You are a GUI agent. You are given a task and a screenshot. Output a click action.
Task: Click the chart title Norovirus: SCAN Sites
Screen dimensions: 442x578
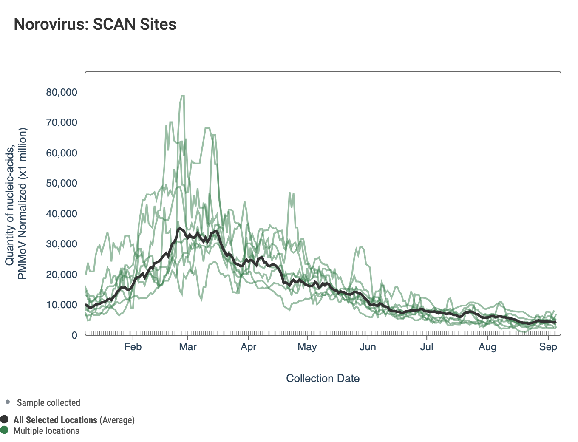95,24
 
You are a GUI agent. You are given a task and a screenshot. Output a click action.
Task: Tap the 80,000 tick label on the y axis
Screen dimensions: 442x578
62,92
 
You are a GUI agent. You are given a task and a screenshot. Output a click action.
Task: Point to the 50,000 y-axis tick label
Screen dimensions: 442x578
62,183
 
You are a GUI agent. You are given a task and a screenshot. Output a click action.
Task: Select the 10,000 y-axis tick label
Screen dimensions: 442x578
62,305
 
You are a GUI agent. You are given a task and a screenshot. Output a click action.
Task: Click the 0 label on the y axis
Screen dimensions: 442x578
74,335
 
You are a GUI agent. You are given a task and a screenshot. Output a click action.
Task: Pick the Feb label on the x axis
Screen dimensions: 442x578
133,347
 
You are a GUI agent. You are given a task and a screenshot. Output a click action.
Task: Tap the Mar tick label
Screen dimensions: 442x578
188,347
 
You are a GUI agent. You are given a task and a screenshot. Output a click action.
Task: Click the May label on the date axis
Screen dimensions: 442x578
307,347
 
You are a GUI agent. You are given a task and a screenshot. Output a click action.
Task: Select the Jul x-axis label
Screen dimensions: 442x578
426,347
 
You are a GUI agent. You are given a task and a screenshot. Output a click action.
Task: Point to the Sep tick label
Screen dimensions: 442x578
548,347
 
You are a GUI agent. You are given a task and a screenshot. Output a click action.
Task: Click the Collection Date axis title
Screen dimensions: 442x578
323,378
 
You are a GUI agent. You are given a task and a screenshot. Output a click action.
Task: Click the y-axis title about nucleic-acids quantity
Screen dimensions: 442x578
16,203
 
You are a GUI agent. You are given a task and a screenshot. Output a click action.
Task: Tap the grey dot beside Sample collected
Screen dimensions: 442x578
8,402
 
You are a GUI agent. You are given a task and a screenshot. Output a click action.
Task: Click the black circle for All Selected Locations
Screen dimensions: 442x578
5,419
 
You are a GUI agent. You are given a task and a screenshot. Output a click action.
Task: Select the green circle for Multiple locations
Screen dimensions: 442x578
5,430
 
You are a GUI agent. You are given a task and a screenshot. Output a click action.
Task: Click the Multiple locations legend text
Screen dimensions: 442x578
46,431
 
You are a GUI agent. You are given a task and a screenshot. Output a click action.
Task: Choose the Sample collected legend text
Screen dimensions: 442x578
48,402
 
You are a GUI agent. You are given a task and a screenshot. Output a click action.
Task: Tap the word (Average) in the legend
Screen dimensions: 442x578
117,420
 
